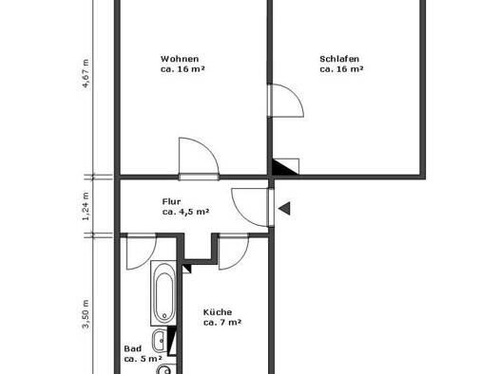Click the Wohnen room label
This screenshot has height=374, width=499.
(180, 59)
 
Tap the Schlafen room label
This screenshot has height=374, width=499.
(339, 59)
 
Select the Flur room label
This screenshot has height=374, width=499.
(171, 201)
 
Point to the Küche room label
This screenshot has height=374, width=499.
(218, 312)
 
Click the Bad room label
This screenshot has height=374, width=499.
(133, 348)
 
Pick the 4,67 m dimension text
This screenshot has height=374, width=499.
(86, 73)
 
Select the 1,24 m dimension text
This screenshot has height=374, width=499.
(86, 206)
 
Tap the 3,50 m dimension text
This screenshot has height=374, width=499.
(86, 314)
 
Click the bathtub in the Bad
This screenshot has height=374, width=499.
(163, 293)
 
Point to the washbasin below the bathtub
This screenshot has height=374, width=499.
(160, 341)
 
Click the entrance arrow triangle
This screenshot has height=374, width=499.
(284, 208)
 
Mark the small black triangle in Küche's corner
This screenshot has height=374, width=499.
(187, 270)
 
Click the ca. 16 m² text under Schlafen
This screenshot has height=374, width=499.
(341, 69)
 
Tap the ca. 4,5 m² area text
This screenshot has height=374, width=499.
(185, 212)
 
